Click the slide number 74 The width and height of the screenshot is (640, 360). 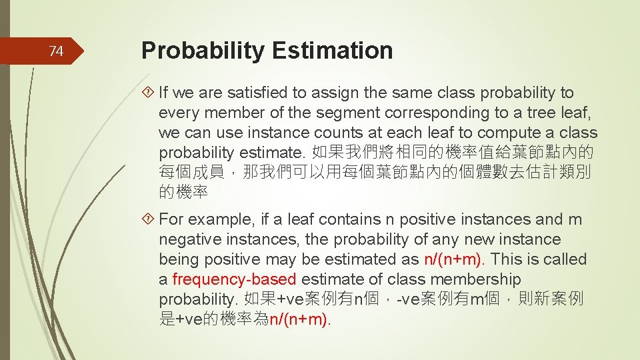[x=57, y=51]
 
